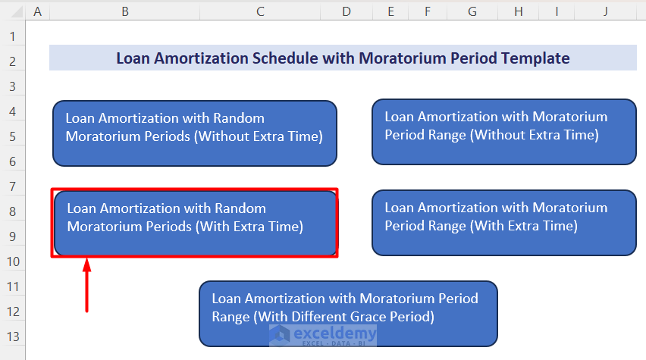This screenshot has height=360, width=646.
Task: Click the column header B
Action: coord(125,11)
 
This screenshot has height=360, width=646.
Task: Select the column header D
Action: coord(347,11)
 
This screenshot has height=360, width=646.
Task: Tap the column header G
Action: coord(472,11)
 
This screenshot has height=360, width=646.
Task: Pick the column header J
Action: coord(605,11)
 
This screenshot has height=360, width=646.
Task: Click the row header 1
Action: coord(13,36)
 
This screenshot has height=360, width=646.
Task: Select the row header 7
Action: coord(13,186)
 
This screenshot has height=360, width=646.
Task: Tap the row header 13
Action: coord(13,337)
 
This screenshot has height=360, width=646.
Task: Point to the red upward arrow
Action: coord(87,285)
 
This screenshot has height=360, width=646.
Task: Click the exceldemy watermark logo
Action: coord(322,335)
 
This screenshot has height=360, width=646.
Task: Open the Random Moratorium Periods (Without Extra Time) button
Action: coord(195,133)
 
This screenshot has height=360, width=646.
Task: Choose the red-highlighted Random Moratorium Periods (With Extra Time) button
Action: coord(196,224)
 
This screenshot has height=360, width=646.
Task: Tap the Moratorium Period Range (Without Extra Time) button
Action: coord(504,132)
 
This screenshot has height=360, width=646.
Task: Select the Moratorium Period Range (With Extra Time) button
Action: coord(504,223)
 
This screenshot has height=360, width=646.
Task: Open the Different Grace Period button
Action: coord(348,314)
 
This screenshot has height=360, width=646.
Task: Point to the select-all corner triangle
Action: coord(17,12)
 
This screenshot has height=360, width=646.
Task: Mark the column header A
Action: coord(37,11)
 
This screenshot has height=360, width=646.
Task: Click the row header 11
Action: coord(13,286)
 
